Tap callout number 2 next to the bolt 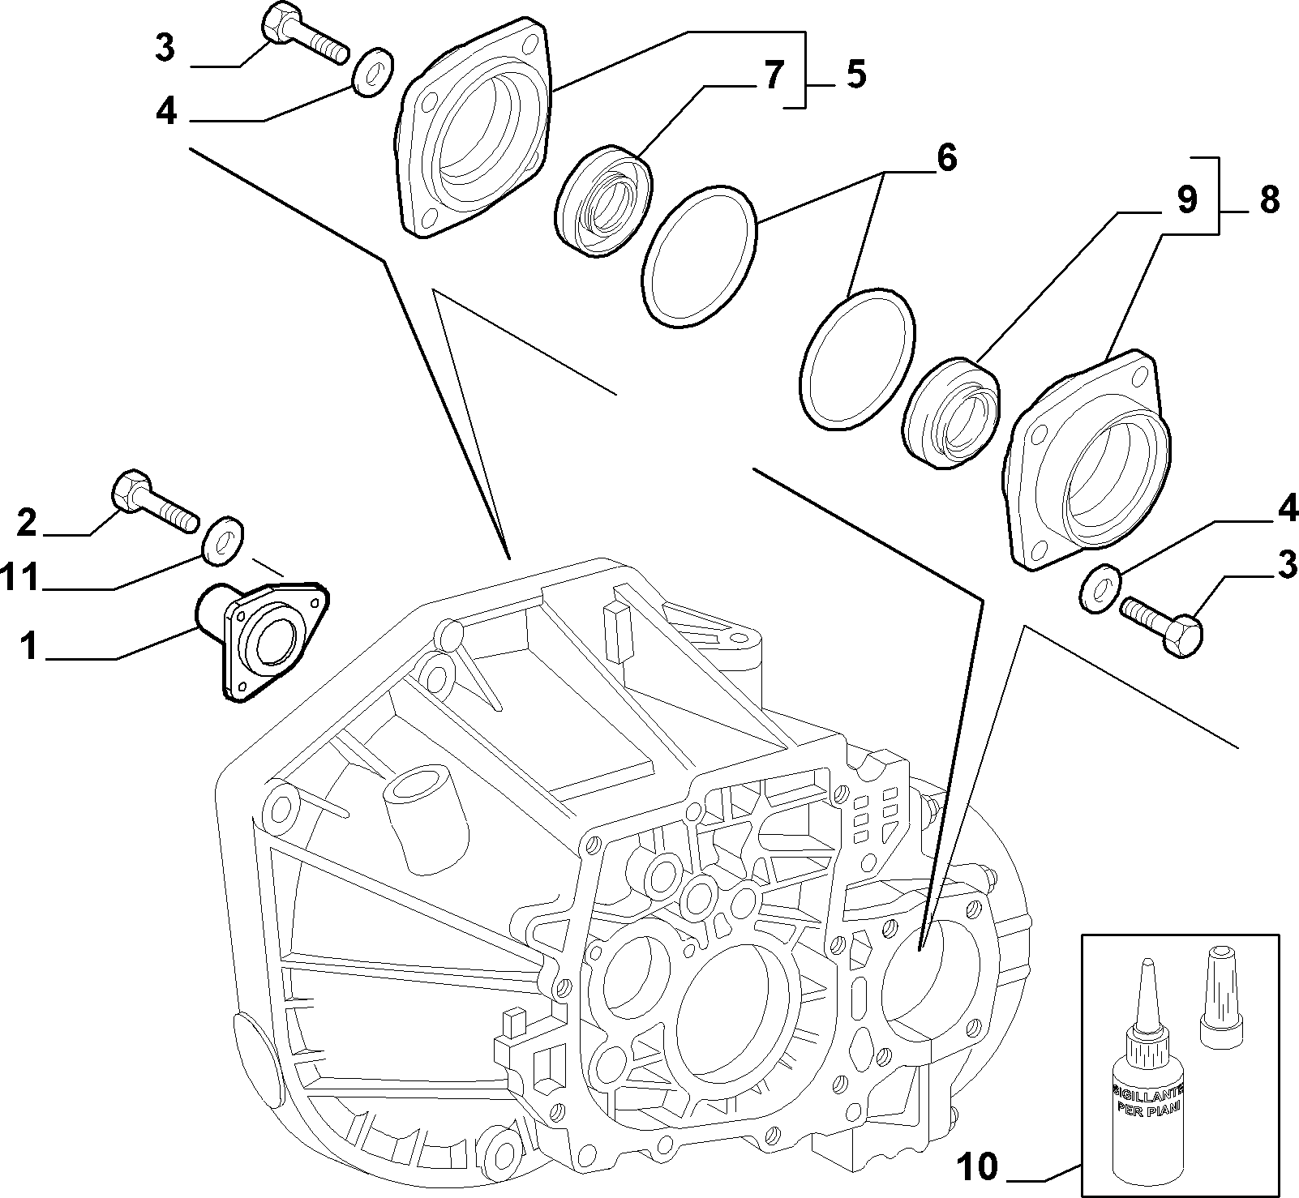click(27, 523)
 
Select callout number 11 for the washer click(20, 579)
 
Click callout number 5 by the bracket click(855, 75)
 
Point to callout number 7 click(773, 75)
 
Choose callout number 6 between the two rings click(946, 158)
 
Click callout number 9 click(1186, 199)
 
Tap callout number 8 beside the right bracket click(1269, 199)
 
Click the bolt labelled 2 click(154, 502)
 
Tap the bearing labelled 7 click(604, 202)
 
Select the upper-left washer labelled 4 click(373, 73)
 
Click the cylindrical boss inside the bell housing click(424, 819)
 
